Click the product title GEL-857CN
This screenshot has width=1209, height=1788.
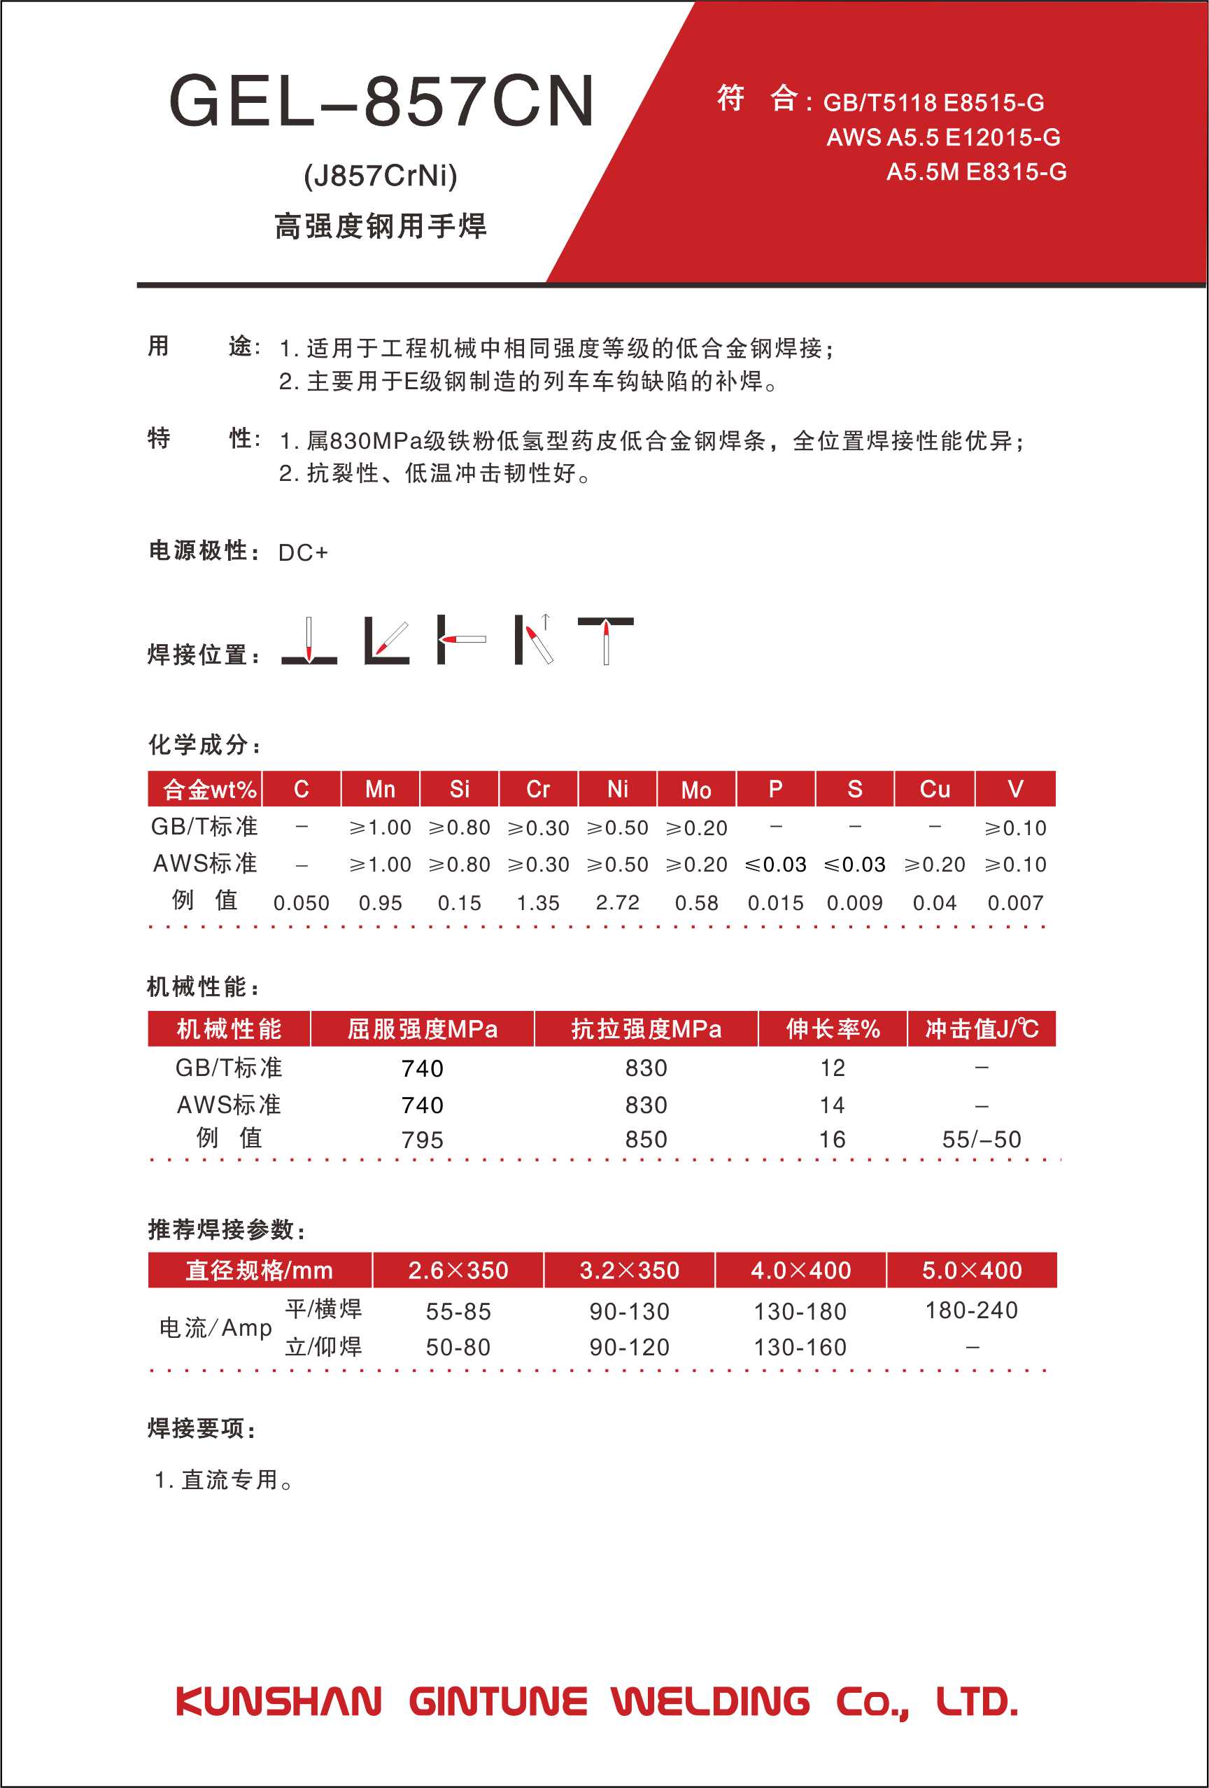click(381, 102)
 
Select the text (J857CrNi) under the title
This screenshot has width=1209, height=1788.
click(381, 176)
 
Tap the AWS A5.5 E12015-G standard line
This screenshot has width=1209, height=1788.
click(943, 138)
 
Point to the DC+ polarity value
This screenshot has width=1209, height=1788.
click(303, 552)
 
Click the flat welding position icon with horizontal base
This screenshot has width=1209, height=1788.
click(309, 642)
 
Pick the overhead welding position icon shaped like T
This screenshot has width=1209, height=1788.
click(605, 640)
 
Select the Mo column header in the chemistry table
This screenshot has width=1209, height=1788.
click(696, 790)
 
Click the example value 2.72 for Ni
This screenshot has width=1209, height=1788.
click(618, 902)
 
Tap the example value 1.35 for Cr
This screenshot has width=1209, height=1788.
click(538, 902)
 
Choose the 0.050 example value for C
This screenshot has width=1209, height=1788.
click(302, 902)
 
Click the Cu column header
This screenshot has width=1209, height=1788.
click(935, 790)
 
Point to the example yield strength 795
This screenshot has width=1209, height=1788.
click(422, 1140)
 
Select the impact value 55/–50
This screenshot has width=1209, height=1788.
click(982, 1140)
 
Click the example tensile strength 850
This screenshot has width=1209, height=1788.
click(646, 1140)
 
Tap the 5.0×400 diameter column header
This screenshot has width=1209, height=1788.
click(972, 1270)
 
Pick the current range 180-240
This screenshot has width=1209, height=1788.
click(972, 1311)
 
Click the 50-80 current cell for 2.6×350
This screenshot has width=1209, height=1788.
click(458, 1347)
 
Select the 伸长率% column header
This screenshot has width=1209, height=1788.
click(833, 1028)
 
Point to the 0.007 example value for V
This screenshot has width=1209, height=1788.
click(1015, 902)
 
